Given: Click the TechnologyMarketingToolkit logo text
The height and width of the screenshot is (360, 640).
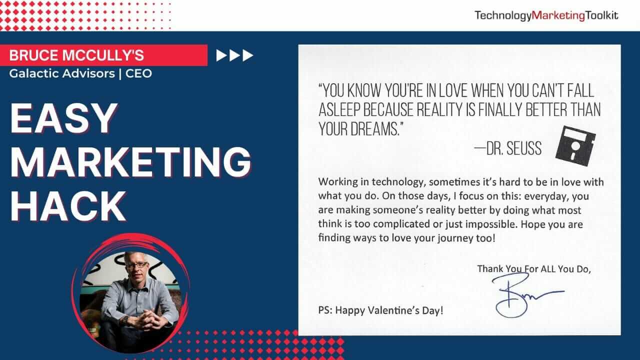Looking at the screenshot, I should [546, 15].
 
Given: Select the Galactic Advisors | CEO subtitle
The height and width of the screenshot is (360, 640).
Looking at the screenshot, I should [80, 73].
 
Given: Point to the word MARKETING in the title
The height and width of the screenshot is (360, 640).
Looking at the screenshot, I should [131, 161].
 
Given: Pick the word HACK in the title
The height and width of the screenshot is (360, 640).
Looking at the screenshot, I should [68, 205].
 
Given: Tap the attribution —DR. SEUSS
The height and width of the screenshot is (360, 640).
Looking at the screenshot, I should [507, 148].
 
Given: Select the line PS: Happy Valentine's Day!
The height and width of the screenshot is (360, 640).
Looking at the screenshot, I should [380, 310].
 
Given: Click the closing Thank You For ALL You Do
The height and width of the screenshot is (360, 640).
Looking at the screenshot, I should [534, 269].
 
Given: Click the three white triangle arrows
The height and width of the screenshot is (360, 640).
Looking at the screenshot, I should [234, 55].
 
